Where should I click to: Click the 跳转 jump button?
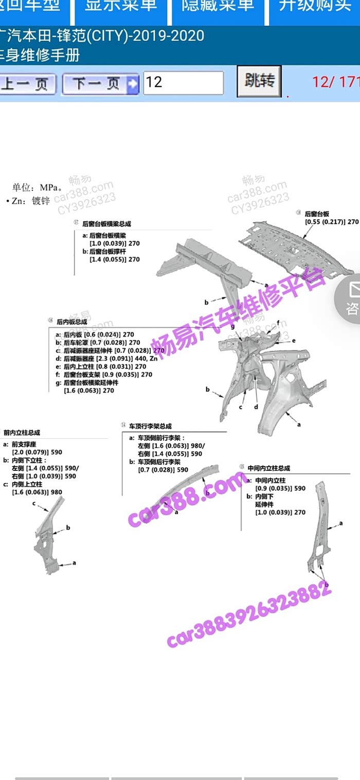coord(259,81)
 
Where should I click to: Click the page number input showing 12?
coord(183,82)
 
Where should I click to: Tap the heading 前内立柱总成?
coord(22,433)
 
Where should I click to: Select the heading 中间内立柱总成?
coord(268,468)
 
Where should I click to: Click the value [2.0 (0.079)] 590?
coord(37,452)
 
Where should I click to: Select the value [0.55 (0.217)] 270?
coord(332,221)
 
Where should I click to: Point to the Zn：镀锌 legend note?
coord(31,201)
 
